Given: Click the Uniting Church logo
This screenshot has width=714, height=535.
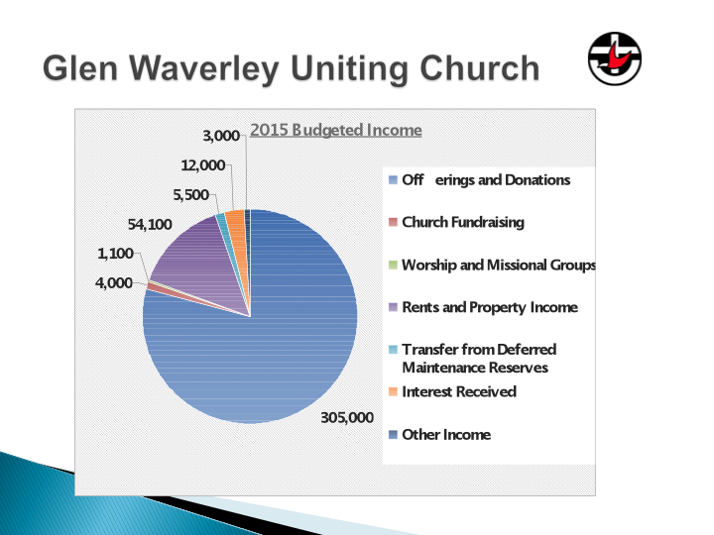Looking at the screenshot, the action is (x=614, y=58).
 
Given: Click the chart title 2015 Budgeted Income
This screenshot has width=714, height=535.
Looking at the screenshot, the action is (x=335, y=130).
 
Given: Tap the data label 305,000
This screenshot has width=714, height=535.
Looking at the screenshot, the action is (x=347, y=417).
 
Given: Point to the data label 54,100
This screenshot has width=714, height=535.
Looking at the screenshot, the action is (x=150, y=224).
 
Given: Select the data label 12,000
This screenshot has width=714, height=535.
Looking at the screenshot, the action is (x=203, y=165).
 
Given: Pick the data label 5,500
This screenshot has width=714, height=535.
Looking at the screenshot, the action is (x=190, y=195).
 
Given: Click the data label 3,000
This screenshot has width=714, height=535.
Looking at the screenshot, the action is (x=221, y=136).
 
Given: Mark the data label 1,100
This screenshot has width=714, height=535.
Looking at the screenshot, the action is (x=115, y=254).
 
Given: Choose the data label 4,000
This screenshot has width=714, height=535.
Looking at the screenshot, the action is (x=114, y=283).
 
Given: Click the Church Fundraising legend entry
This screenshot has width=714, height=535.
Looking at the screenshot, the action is (x=457, y=222).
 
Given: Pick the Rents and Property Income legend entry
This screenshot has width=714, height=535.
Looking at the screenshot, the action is (x=484, y=307).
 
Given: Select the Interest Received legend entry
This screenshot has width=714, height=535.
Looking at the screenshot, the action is (x=452, y=391).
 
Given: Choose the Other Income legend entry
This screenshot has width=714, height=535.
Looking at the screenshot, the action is (x=440, y=435).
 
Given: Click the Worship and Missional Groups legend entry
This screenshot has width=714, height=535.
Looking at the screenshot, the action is (x=492, y=265).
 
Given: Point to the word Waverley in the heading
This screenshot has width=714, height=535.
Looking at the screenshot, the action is (x=204, y=68).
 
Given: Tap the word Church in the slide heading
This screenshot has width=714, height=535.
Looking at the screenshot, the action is (x=480, y=67).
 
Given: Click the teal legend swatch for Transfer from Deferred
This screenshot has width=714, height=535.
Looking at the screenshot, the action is (x=394, y=350).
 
